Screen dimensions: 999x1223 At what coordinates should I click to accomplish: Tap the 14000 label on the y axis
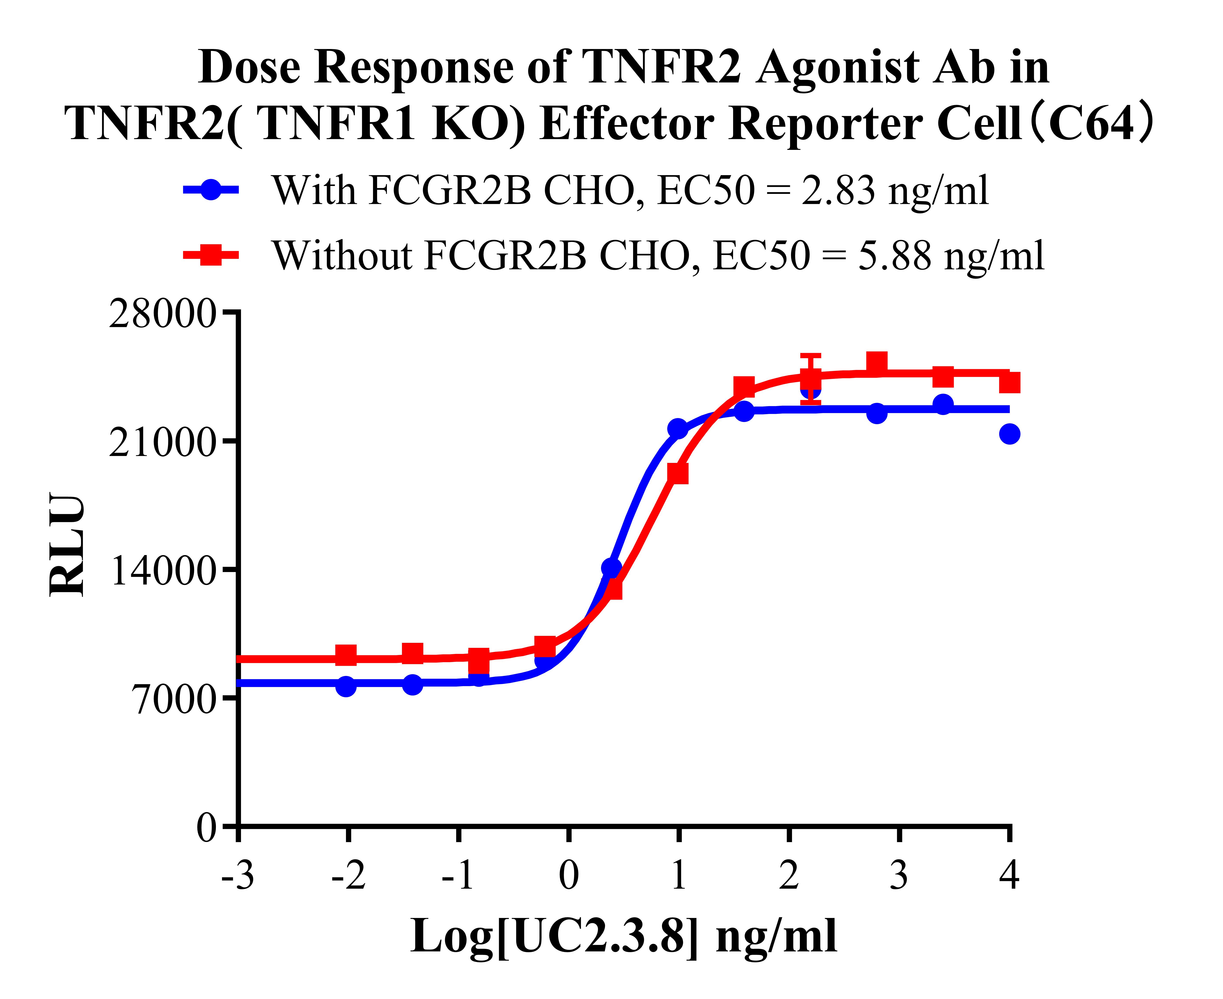pos(163,572)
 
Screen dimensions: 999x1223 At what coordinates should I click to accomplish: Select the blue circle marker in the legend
pos(211,189)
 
